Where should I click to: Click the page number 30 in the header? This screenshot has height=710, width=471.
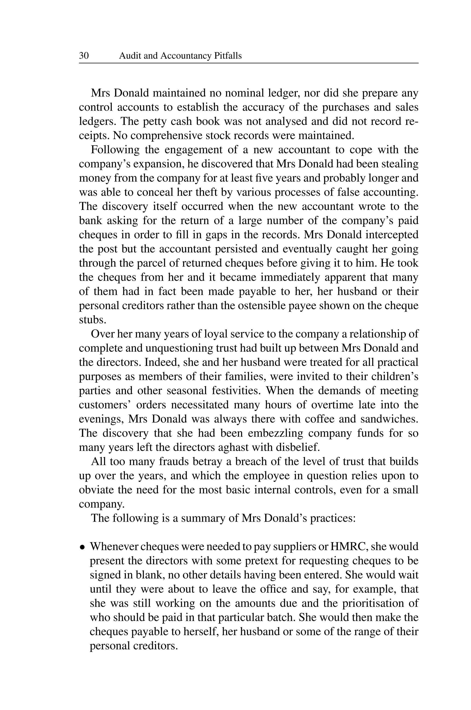84,56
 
